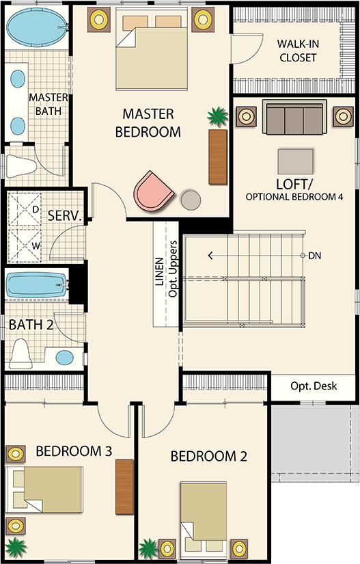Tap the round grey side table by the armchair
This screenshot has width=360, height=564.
pos(191,200)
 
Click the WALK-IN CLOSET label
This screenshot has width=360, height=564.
pos(298,51)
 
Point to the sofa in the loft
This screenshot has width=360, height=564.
pos(294,117)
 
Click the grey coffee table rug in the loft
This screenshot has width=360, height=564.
pos(295,161)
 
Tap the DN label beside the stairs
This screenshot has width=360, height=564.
pos(314,256)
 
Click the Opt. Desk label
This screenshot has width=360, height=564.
pos(314,386)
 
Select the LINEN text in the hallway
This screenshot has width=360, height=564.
pos(159,271)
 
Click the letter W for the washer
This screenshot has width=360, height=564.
pos(36,246)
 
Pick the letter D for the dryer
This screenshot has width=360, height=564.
pos(36,209)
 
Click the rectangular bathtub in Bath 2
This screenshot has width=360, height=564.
pos(37,285)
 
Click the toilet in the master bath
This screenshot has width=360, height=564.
pos(22,167)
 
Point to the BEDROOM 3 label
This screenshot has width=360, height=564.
pos(74,451)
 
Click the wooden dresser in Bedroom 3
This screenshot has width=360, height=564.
pos(124,487)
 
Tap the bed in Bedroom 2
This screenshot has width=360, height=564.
pos(204,517)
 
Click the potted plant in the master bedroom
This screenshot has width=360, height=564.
pos(218,116)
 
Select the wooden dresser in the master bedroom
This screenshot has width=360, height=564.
pos(218,157)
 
